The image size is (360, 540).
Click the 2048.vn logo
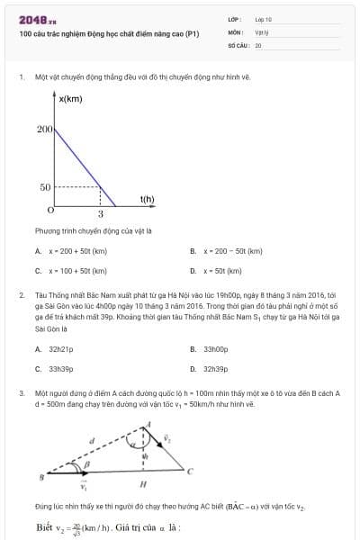(x=38, y=19)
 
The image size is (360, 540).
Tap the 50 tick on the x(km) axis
(x=45, y=187)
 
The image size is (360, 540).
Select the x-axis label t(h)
(x=147, y=199)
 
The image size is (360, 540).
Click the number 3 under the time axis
(x=100, y=215)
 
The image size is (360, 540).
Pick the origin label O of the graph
(x=50, y=209)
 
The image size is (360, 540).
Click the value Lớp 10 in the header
(x=263, y=18)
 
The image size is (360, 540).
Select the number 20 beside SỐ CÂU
(x=258, y=44)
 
